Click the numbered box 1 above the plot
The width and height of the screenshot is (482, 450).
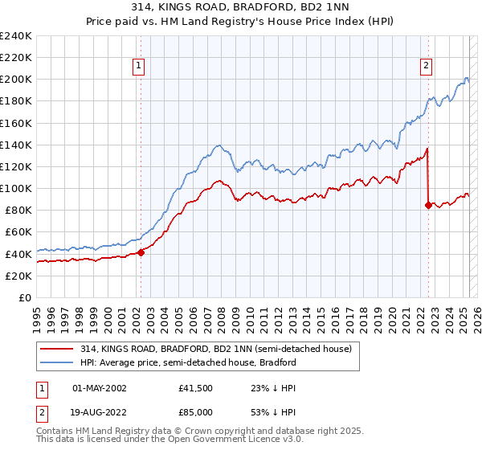[140, 67]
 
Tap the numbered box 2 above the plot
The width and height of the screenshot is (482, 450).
[426, 67]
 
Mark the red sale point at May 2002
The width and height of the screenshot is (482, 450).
[141, 252]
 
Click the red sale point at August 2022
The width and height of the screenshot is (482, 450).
[428, 205]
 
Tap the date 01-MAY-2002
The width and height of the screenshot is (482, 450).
[100, 388]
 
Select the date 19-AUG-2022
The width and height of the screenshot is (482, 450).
[100, 411]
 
